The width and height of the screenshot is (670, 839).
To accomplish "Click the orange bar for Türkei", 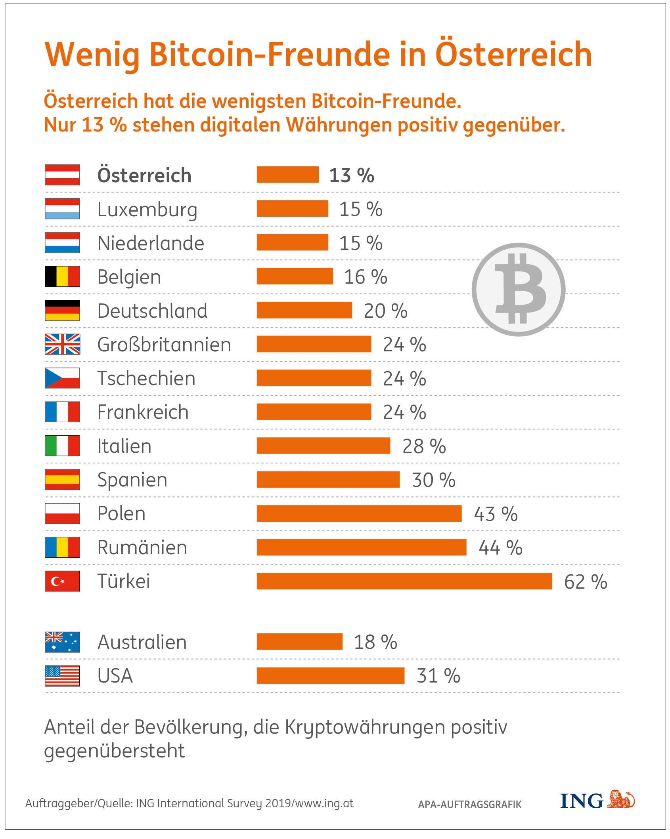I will pyautogui.click(x=404, y=581).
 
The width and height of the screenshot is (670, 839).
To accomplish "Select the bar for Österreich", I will pyautogui.click(x=287, y=175).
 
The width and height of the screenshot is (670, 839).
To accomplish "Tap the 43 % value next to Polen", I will pyautogui.click(x=496, y=514).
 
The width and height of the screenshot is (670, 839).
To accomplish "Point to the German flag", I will pyautogui.click(x=62, y=310).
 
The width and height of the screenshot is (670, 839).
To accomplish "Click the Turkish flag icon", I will pyautogui.click(x=62, y=581).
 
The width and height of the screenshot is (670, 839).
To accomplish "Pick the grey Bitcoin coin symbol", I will pyautogui.click(x=519, y=290).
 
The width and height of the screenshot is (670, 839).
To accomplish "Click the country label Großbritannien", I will pyautogui.click(x=164, y=345).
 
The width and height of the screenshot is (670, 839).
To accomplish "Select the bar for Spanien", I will pyautogui.click(x=328, y=480).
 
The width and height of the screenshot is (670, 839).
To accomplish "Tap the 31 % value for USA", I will pyautogui.click(x=438, y=676).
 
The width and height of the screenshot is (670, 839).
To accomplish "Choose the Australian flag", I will pyautogui.click(x=62, y=642).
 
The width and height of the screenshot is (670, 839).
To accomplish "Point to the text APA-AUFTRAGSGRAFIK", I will pyautogui.click(x=470, y=805).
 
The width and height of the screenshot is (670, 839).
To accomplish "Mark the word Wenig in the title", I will pyautogui.click(x=92, y=55).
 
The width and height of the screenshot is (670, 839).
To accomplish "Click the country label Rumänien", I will pyautogui.click(x=142, y=547).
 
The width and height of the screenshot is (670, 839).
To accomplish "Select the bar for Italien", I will pyautogui.click(x=323, y=446).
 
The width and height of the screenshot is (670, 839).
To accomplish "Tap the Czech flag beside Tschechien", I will pyautogui.click(x=62, y=378).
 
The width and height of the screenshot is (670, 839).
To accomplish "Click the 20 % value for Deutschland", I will pyautogui.click(x=385, y=311).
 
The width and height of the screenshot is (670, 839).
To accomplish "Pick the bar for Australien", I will pyautogui.click(x=299, y=642).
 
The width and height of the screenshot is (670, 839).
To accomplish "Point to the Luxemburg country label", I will pyautogui.click(x=147, y=210).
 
